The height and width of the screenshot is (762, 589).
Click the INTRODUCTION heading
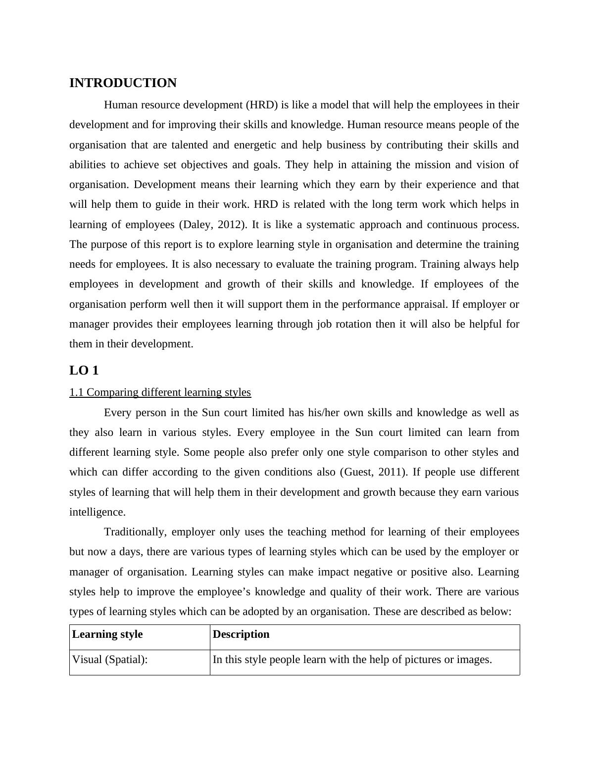tap(123, 83)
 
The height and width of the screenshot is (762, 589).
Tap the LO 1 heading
tap(84, 371)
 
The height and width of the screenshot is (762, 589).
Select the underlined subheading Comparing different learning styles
tap(160, 392)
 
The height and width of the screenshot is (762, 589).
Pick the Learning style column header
tap(107, 634)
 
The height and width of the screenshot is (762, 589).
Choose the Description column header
tap(241, 634)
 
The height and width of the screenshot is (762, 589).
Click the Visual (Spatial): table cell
tap(110, 660)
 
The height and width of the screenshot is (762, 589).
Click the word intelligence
tap(97, 512)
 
